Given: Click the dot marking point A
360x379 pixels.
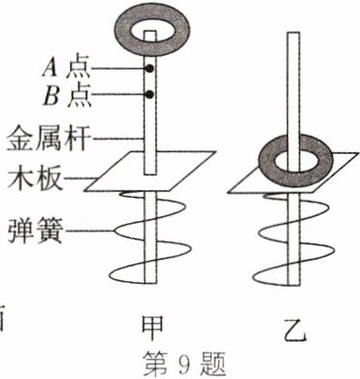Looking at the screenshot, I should point(150,70).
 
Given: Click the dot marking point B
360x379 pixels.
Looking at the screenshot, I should point(150,94).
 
